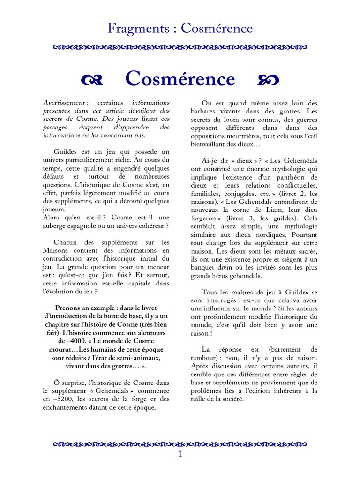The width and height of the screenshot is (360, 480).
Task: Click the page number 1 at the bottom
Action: [x=180, y=455]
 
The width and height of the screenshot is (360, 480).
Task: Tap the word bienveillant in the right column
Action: [x=209, y=144]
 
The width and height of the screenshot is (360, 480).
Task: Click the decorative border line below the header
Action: [x=180, y=47]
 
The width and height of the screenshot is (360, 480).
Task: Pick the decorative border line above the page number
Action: [x=180, y=442]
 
